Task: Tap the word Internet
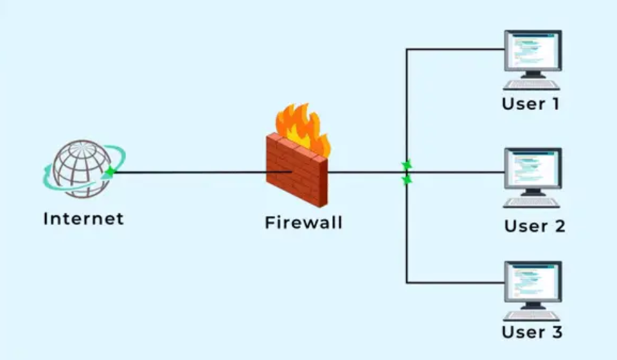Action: click(83, 219)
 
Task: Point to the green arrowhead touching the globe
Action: click(111, 171)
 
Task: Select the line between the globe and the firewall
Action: click(193, 172)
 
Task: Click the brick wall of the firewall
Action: click(296, 170)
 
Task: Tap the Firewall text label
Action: click(303, 223)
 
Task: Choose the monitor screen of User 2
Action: click(532, 169)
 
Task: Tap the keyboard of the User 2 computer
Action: click(532, 203)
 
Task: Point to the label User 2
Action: click(534, 226)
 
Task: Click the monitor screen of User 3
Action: click(532, 282)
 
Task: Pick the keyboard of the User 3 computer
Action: click(532, 316)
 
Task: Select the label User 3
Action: click(532, 332)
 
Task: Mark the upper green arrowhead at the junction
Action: click(406, 166)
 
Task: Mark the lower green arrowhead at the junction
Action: click(406, 181)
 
